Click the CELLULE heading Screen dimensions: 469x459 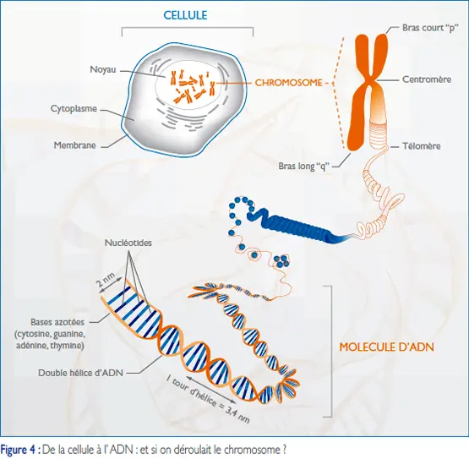(x=185, y=15)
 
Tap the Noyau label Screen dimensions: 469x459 (x=103, y=69)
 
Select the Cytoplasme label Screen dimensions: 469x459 (x=74, y=108)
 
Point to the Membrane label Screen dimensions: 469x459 (x=74, y=145)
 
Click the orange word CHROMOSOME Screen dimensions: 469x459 (x=288, y=83)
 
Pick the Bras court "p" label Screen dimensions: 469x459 (x=430, y=28)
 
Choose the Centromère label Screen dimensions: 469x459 (x=427, y=79)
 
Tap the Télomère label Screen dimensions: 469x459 (x=421, y=146)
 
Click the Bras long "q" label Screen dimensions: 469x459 (x=304, y=166)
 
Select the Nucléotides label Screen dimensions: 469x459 (x=128, y=243)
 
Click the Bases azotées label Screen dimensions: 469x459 (x=57, y=322)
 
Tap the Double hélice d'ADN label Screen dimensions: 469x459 (x=81, y=373)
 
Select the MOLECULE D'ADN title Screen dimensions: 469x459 (x=386, y=347)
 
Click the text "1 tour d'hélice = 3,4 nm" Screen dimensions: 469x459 (x=208, y=399)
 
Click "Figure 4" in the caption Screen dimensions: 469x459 (x=19, y=450)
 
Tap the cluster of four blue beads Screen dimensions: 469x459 (x=281, y=261)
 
